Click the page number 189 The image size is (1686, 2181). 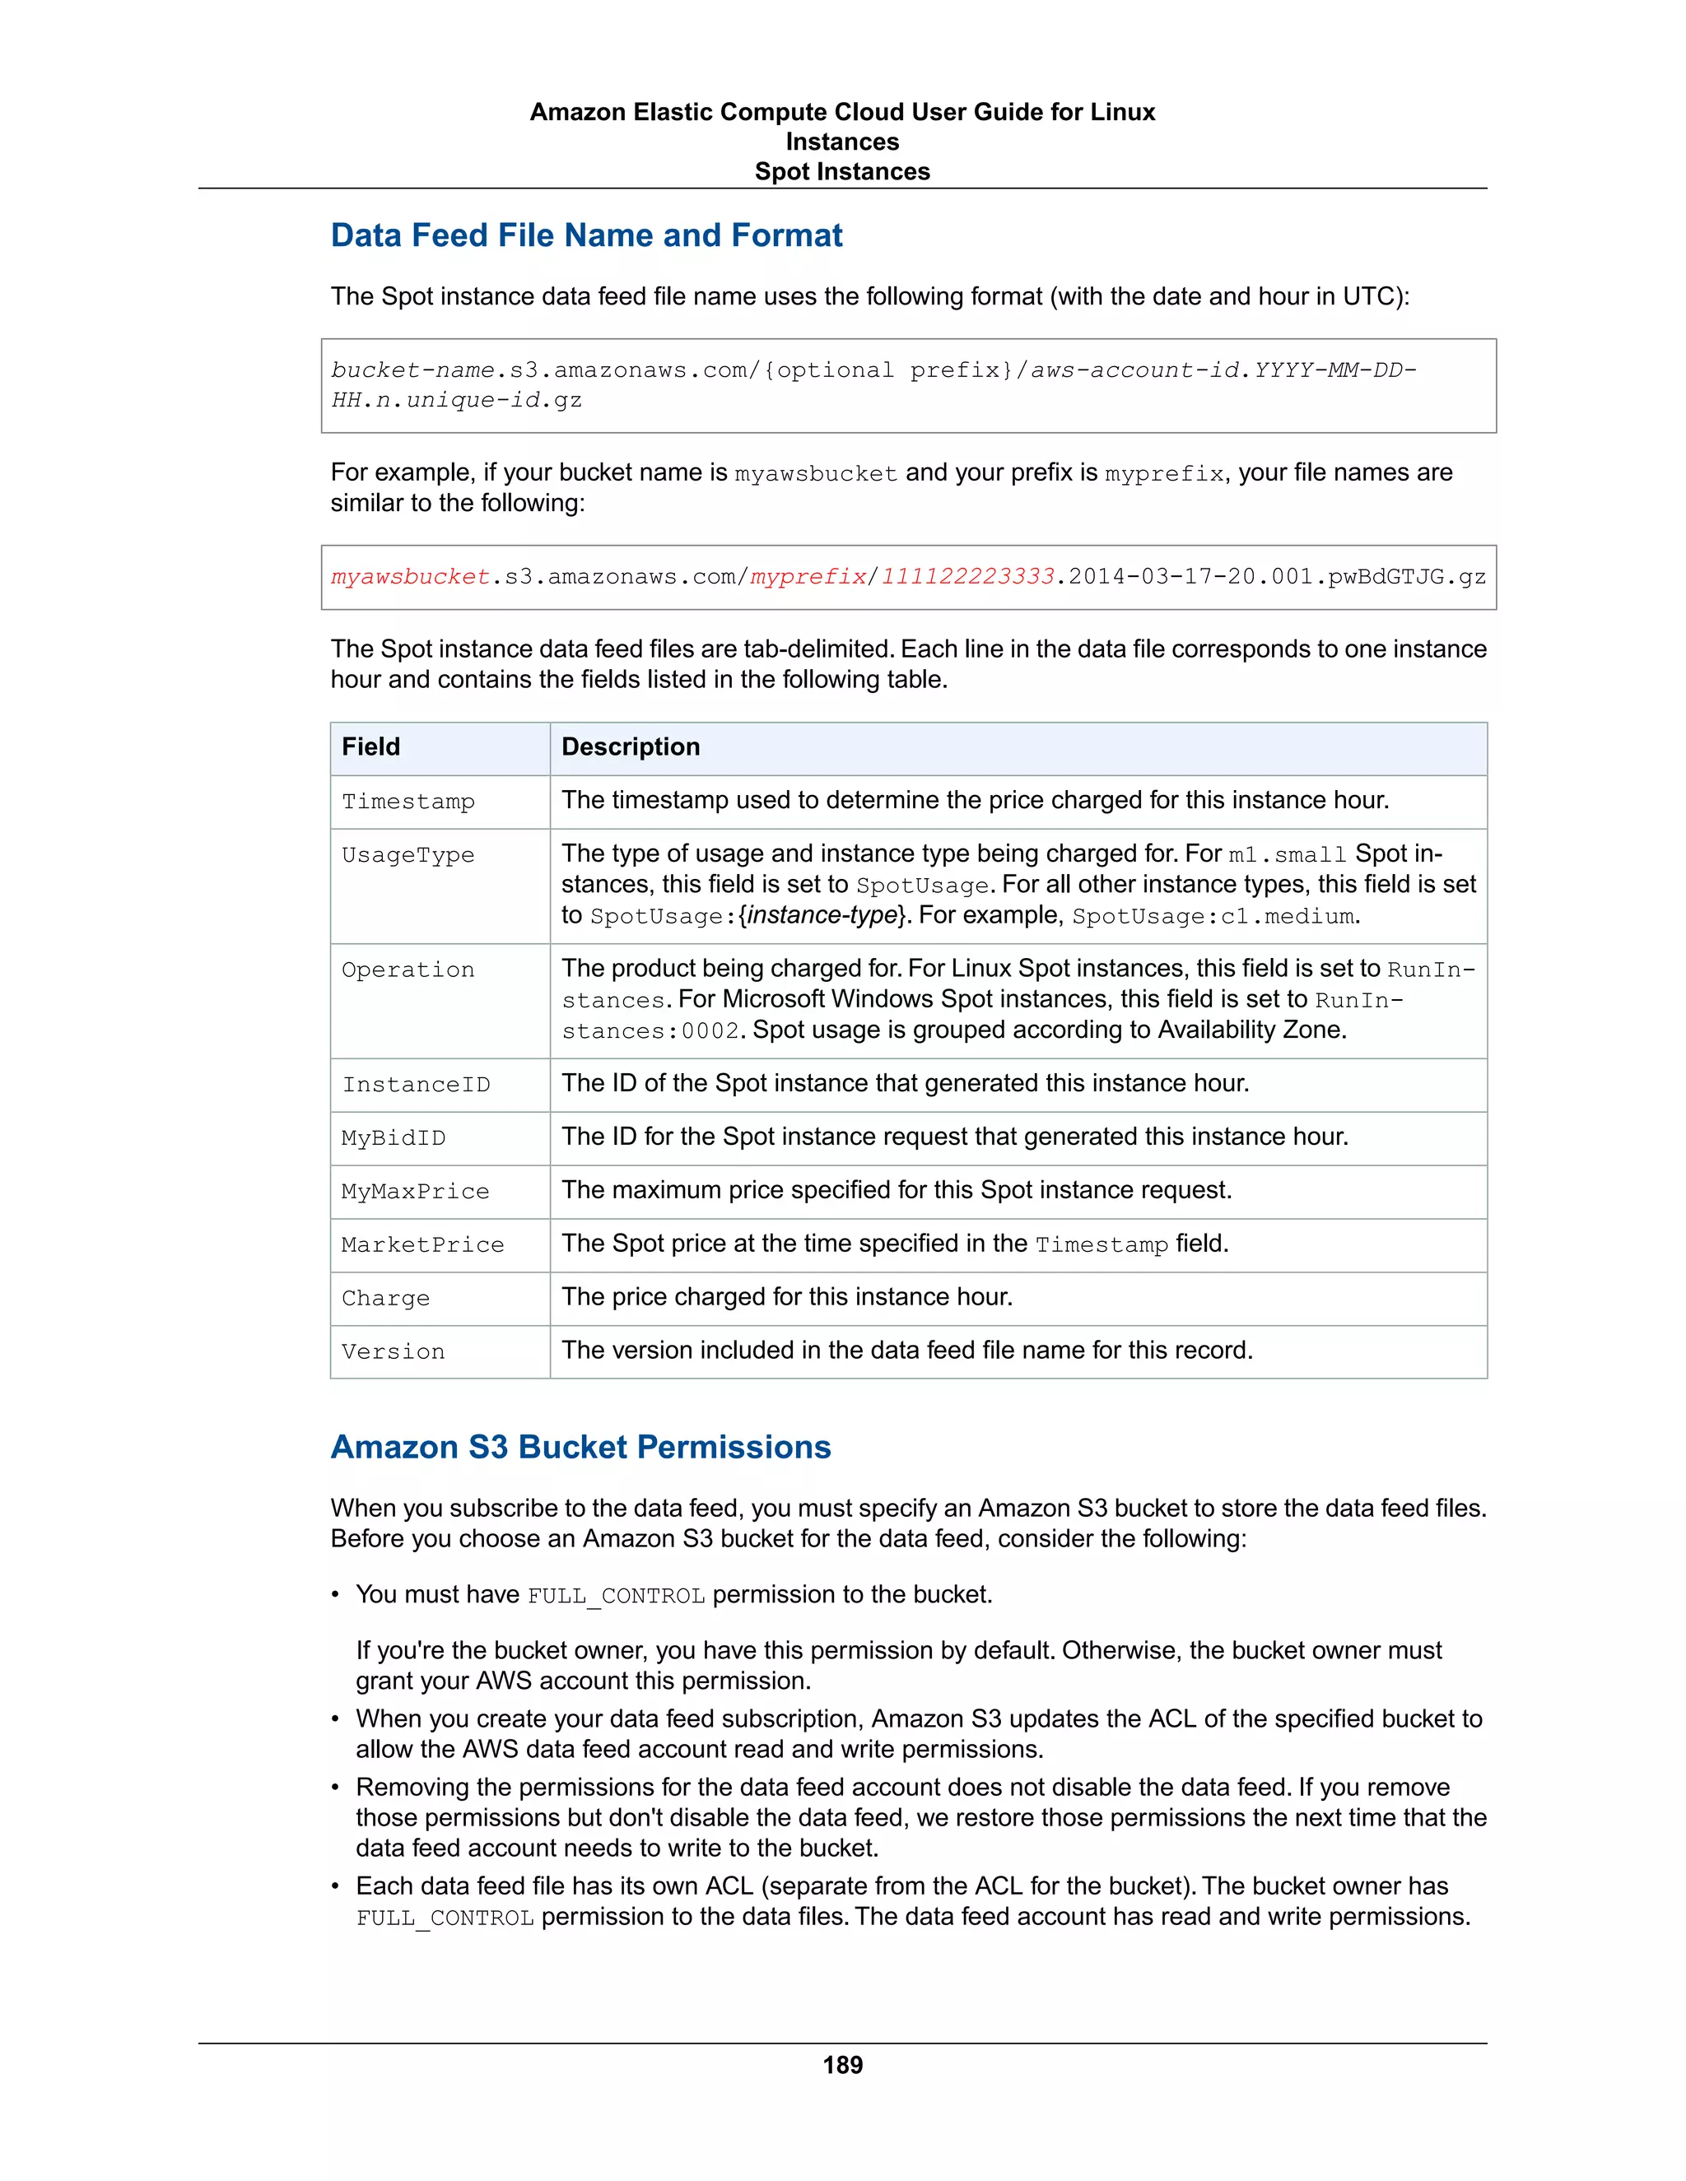(842, 2064)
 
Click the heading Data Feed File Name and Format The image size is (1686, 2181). (586, 235)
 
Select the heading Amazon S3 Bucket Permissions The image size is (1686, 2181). (580, 1446)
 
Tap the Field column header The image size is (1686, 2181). (370, 747)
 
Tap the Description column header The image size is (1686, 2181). (631, 747)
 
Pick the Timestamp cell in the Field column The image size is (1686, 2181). (408, 802)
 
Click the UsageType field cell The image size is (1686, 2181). (408, 855)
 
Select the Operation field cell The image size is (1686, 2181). (408, 970)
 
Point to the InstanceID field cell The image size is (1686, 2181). (416, 1085)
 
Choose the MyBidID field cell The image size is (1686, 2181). (394, 1137)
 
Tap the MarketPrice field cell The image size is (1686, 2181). (422, 1244)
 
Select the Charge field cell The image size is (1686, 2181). (385, 1298)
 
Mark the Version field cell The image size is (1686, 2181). (394, 1351)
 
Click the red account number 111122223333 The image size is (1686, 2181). (966, 577)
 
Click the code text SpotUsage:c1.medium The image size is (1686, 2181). (1213, 917)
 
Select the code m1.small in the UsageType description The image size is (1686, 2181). (1287, 855)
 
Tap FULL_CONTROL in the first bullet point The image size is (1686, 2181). (615, 1596)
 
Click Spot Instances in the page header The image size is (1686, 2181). (842, 172)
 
